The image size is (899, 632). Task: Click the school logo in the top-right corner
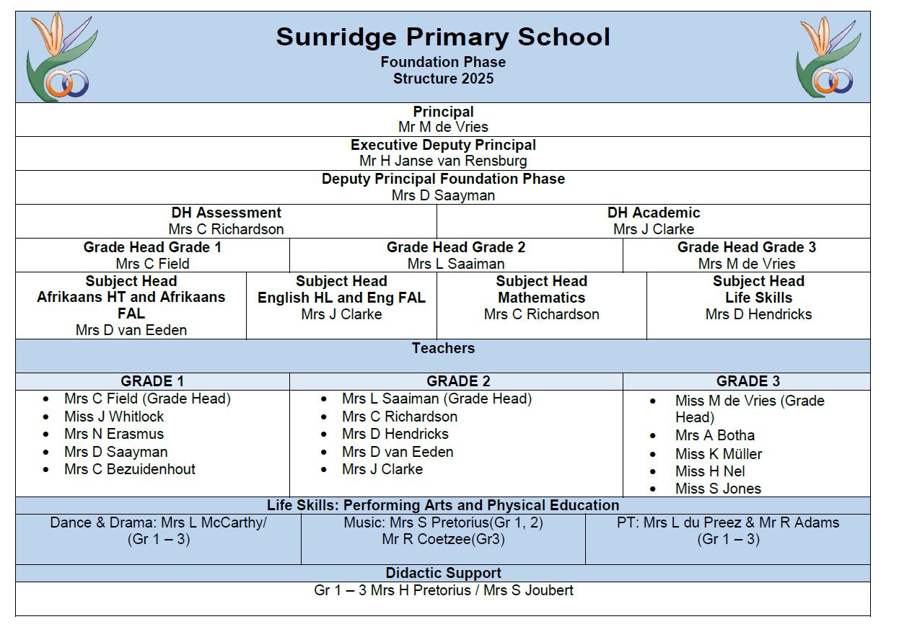[x=828, y=57]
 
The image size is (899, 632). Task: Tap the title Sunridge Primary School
[x=443, y=37]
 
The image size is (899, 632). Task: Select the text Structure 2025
[x=443, y=79]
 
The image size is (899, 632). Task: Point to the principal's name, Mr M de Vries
[x=443, y=128]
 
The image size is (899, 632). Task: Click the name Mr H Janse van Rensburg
[x=443, y=161]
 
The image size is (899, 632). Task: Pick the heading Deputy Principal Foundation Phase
[x=443, y=179]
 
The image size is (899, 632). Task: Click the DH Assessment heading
[x=226, y=213]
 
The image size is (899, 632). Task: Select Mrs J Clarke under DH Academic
[x=654, y=229]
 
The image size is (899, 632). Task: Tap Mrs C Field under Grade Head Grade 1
[x=152, y=264]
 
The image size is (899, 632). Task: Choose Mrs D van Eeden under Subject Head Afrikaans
[x=131, y=330]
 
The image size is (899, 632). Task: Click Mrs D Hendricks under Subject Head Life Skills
[x=758, y=314]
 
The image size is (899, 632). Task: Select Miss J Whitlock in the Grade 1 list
[x=114, y=417]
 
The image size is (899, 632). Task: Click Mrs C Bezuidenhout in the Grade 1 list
[x=130, y=469]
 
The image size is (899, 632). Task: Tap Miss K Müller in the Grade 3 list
[x=719, y=454]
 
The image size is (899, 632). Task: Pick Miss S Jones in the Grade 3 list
[x=718, y=489]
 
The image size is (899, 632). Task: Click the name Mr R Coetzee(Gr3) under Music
[x=443, y=539]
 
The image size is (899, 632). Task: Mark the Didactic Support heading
[x=443, y=573]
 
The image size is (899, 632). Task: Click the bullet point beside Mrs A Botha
[x=654, y=436]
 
